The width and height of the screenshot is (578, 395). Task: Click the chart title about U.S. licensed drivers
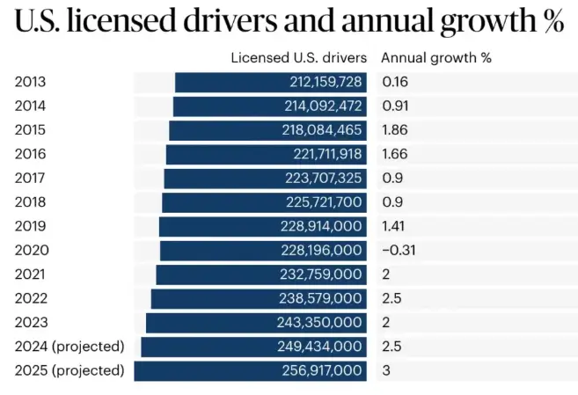point(289,21)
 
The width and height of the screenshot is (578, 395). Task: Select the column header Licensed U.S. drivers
point(298,58)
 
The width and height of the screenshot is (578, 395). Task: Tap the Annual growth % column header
point(435,58)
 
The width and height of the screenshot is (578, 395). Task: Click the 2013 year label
point(30,83)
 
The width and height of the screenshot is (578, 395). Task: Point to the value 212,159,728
point(326,83)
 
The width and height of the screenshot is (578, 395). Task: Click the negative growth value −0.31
point(399,250)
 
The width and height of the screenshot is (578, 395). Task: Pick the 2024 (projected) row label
point(70,346)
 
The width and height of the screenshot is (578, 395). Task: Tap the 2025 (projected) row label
point(70,370)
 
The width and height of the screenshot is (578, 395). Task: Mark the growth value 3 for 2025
point(385,370)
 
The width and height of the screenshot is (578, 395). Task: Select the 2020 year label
point(30,250)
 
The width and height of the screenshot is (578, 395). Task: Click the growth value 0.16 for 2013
point(395,83)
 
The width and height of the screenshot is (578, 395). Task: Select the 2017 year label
point(30,178)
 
